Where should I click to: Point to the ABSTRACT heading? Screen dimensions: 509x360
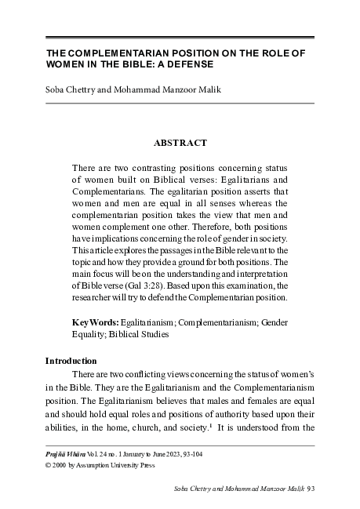click(x=180, y=143)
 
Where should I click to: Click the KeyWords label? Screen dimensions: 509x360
click(x=95, y=322)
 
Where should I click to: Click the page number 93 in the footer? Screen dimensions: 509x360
click(x=310, y=489)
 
